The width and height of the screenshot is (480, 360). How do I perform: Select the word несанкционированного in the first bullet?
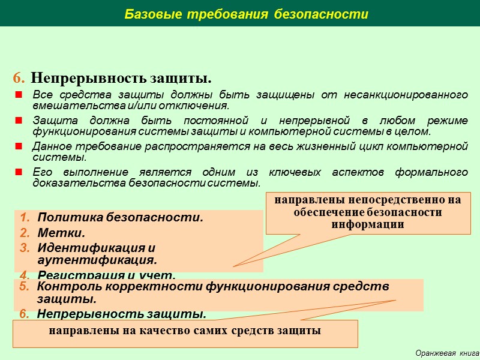pyautogui.click(x=412, y=96)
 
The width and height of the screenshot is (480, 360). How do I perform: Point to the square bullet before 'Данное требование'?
pyautogui.click(x=18, y=146)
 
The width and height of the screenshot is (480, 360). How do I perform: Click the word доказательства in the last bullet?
pyautogui.click(x=66, y=182)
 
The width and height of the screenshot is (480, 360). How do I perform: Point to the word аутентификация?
pyautogui.click(x=97, y=260)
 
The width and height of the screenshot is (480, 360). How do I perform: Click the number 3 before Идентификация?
pyautogui.click(x=23, y=248)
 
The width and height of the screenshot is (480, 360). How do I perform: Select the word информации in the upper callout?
pyautogui.click(x=368, y=224)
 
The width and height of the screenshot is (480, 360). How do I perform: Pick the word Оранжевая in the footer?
pyautogui.click(x=436, y=353)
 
